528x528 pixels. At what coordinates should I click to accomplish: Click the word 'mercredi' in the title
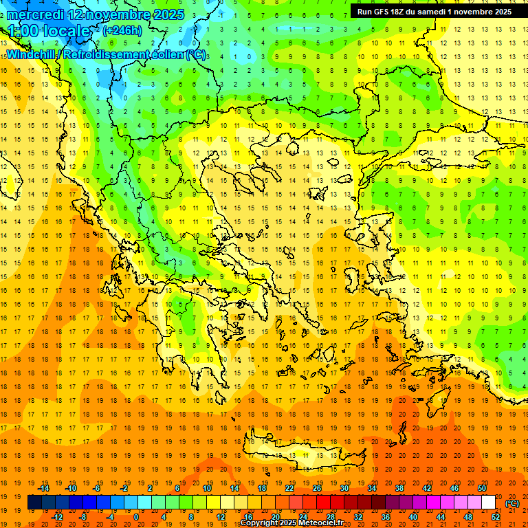(x=36, y=14)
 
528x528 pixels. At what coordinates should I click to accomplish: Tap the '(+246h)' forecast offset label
(x=122, y=30)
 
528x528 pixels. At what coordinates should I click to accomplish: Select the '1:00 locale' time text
(x=49, y=31)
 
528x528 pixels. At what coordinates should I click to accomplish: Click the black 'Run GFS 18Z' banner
(x=434, y=12)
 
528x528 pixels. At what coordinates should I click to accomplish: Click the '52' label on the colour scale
(x=496, y=517)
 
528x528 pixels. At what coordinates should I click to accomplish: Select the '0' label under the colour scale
(x=135, y=517)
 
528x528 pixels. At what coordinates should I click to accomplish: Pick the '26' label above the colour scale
(x=317, y=488)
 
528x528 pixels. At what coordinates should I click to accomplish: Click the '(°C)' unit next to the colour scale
(x=512, y=503)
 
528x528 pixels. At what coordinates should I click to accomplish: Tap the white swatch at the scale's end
(x=489, y=503)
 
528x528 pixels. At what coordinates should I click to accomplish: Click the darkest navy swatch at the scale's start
(x=34, y=503)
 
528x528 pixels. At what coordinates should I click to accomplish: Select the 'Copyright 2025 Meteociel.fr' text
(x=291, y=523)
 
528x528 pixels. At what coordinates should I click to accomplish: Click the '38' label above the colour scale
(x=399, y=488)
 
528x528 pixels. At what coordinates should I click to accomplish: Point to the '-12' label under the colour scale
(x=57, y=517)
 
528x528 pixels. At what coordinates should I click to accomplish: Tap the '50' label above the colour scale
(x=482, y=488)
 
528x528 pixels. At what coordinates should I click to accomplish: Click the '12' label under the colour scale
(x=221, y=517)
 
